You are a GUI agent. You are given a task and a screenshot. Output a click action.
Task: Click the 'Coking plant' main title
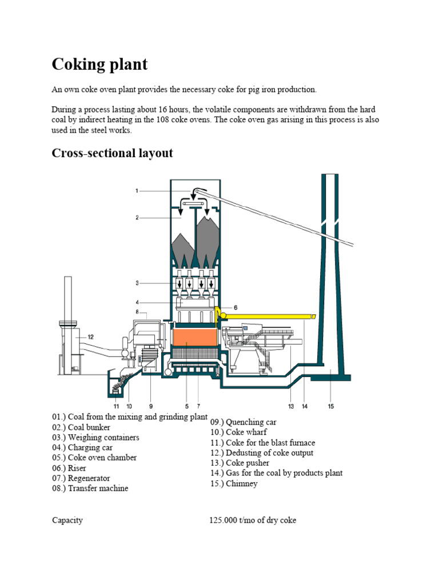(x=99, y=64)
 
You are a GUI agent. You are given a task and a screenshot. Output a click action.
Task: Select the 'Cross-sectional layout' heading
(x=112, y=153)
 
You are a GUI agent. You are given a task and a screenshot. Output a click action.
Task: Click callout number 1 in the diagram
(x=137, y=190)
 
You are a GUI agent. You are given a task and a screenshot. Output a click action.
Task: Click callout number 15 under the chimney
(x=331, y=406)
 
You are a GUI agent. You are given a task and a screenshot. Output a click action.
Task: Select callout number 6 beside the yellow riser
(x=235, y=307)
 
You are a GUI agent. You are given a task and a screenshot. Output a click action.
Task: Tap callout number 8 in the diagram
(x=138, y=312)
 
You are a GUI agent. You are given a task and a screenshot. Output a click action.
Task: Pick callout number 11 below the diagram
(x=116, y=406)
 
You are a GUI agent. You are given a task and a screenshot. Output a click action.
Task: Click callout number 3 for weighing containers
(x=137, y=283)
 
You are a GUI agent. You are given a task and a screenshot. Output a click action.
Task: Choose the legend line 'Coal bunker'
(x=81, y=427)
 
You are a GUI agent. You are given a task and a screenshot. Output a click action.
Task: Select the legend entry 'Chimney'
(x=234, y=484)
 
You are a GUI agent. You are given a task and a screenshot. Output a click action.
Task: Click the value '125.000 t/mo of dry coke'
(x=253, y=520)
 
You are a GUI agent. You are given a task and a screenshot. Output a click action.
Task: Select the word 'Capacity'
(x=67, y=520)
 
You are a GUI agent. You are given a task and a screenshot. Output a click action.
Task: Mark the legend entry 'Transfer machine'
(x=90, y=488)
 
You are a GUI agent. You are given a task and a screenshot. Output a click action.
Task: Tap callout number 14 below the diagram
(x=305, y=406)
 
